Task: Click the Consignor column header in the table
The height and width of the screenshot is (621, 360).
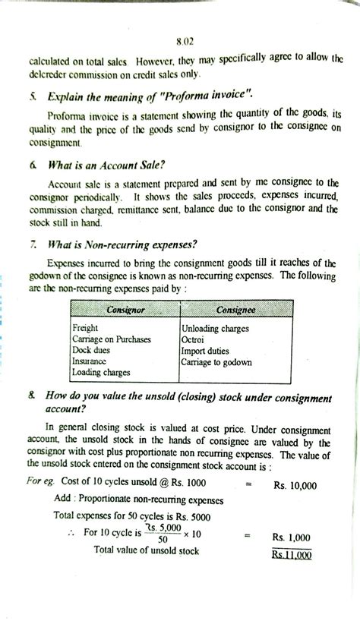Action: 124,310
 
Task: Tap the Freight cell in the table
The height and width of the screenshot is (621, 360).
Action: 84,327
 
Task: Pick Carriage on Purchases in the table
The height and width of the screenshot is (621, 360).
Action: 112,339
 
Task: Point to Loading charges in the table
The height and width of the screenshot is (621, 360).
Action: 100,373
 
